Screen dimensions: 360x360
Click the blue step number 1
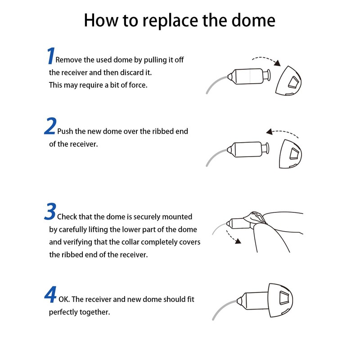click(50, 56)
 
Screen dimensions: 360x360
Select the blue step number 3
click(50, 212)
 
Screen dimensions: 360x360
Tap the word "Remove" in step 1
click(68, 60)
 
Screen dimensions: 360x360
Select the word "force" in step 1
click(137, 85)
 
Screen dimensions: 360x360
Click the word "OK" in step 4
click(64, 299)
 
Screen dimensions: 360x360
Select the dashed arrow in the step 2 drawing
click(283, 132)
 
